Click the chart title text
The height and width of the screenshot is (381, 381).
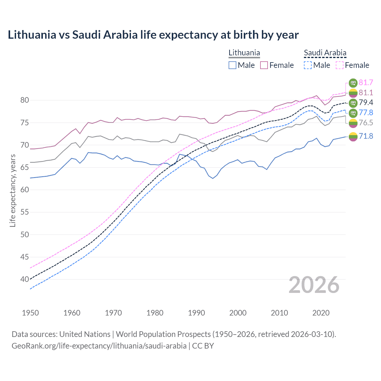click(x=153, y=35)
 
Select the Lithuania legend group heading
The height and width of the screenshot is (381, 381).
click(x=244, y=53)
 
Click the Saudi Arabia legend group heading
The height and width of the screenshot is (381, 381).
click(x=325, y=53)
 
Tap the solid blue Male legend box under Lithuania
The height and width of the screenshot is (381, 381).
click(x=232, y=65)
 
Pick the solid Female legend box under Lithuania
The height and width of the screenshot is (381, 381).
click(x=264, y=65)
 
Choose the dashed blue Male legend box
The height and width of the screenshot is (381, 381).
click(x=308, y=65)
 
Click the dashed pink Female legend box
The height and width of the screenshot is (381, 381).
click(x=340, y=65)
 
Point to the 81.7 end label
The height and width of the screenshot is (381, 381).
click(x=366, y=82)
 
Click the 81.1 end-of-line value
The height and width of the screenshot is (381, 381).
click(x=366, y=93)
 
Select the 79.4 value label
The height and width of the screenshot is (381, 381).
click(x=366, y=103)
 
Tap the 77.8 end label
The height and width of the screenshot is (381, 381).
click(x=366, y=113)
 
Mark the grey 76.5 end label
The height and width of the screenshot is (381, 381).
click(x=366, y=123)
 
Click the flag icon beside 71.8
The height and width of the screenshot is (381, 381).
click(x=353, y=137)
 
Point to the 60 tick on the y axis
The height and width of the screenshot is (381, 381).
click(x=25, y=190)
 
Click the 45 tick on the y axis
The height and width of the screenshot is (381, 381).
click(x=25, y=257)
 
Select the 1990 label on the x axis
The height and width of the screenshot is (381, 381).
click(x=196, y=313)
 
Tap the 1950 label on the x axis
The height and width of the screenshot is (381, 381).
click(x=30, y=313)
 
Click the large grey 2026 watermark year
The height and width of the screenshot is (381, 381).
click(x=314, y=285)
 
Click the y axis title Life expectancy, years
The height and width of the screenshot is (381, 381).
click(x=13, y=190)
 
